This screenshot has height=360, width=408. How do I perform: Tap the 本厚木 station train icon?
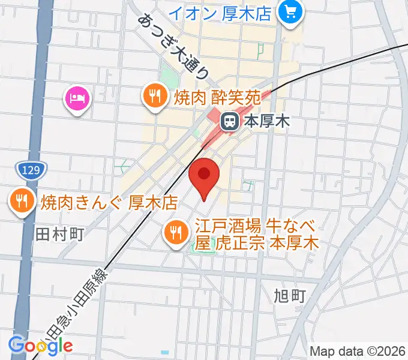229,122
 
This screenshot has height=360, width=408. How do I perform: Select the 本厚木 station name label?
266,122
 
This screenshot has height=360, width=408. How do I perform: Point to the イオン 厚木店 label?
220,12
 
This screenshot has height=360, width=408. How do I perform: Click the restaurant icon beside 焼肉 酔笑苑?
155,95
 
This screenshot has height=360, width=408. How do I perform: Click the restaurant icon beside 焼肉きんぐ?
22,201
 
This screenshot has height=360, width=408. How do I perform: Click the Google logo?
41,344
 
